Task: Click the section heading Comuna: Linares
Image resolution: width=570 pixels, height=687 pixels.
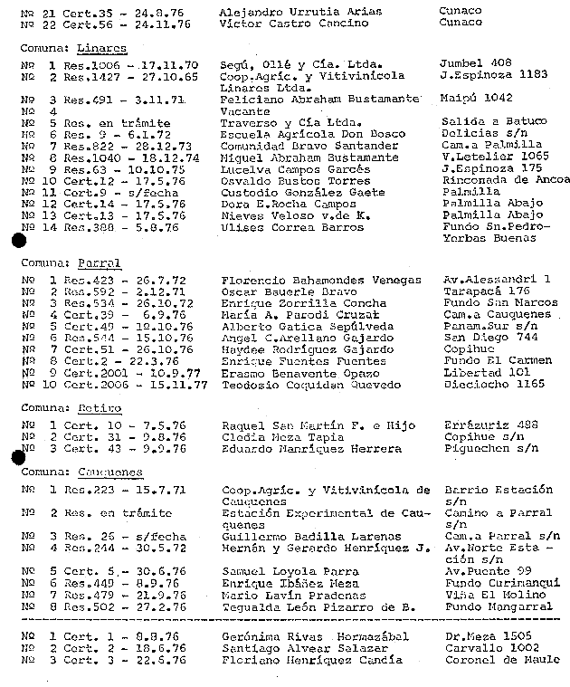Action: [73, 49]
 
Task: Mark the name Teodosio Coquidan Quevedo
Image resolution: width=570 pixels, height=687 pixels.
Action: [310, 385]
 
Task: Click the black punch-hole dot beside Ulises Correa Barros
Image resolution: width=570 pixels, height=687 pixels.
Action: [17, 240]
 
